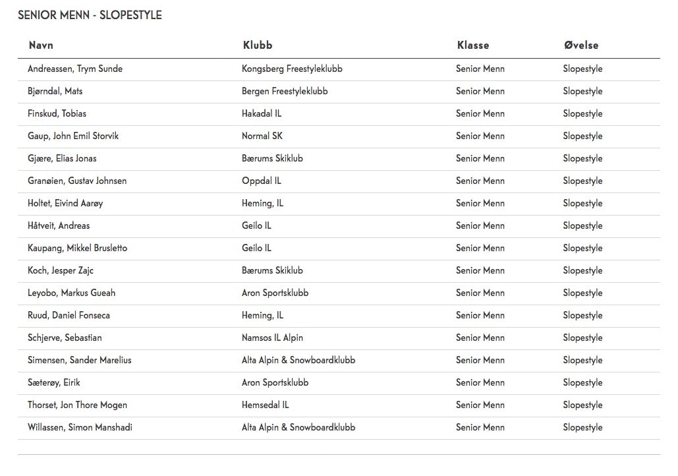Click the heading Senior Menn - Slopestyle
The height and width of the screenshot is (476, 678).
[x=90, y=15]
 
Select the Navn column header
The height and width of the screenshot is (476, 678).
[x=41, y=45]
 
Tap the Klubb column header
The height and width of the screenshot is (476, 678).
[x=257, y=45]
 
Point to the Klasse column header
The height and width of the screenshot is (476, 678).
[x=472, y=45]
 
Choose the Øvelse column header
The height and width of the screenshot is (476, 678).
[x=580, y=45]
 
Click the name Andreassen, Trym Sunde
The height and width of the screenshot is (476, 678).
[x=75, y=69]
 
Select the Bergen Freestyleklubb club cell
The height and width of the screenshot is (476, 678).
[x=285, y=91]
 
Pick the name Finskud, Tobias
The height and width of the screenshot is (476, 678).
[x=57, y=113]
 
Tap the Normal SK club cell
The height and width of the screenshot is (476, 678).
[x=262, y=136]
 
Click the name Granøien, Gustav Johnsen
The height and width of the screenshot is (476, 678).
[x=77, y=181]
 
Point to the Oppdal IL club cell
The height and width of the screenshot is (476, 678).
[x=261, y=181]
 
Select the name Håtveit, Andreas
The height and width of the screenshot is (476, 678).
[x=59, y=225]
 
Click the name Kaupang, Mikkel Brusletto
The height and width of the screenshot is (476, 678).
[x=78, y=248]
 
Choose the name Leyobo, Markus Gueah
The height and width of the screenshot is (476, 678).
[x=72, y=293]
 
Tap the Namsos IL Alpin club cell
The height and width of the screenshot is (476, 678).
[x=272, y=338]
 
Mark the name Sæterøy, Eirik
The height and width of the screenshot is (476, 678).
[x=54, y=382]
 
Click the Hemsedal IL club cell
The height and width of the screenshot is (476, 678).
[x=265, y=405]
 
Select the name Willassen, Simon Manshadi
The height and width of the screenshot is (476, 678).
[x=80, y=427]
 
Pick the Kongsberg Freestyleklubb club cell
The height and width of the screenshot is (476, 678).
[x=292, y=69]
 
